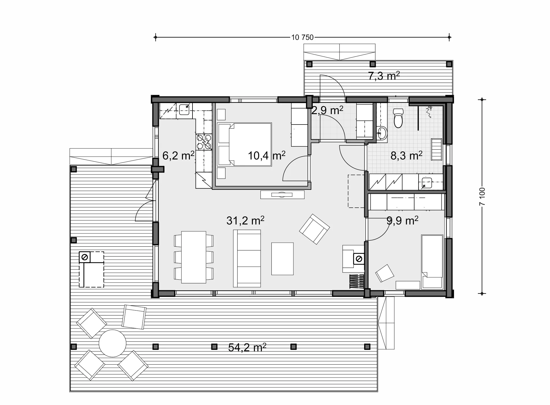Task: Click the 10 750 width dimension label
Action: pos(303,38)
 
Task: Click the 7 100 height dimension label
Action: pos(482,197)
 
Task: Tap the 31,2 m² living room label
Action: pos(245,221)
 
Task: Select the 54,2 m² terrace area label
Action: pos(247,347)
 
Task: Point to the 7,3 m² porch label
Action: pos(384,76)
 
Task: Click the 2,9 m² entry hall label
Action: pos(327,110)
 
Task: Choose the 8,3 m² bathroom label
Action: pos(406,156)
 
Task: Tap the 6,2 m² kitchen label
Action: pos(178,156)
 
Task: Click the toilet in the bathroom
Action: pos(398,118)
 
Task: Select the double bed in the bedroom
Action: pos(245,144)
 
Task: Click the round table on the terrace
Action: pos(112,343)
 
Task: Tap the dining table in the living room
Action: pos(194,257)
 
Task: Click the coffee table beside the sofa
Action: pos(282,259)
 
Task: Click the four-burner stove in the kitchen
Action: pos(204,142)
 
